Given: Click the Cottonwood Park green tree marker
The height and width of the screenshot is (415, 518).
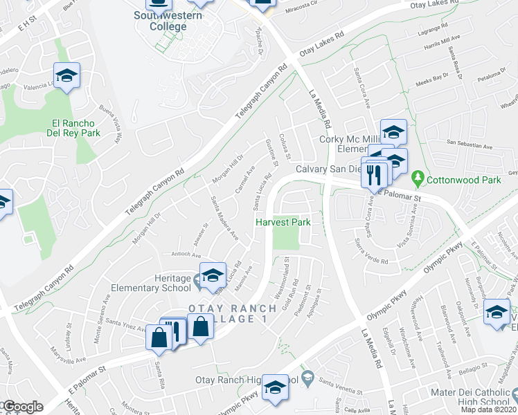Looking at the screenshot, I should tap(418, 178).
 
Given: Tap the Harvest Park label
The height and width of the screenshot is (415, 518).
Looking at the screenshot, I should tap(283, 223).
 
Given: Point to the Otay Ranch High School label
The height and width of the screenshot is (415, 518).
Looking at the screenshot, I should tap(260, 380).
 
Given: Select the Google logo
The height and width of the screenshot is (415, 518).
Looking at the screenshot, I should tap(22, 407).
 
